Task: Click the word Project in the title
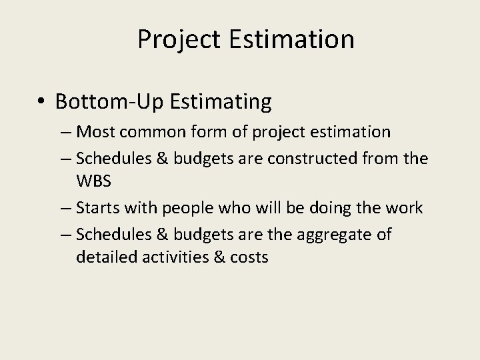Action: (176, 40)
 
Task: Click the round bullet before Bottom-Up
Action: (41, 102)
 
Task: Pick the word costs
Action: (249, 257)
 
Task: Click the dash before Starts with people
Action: (67, 208)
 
